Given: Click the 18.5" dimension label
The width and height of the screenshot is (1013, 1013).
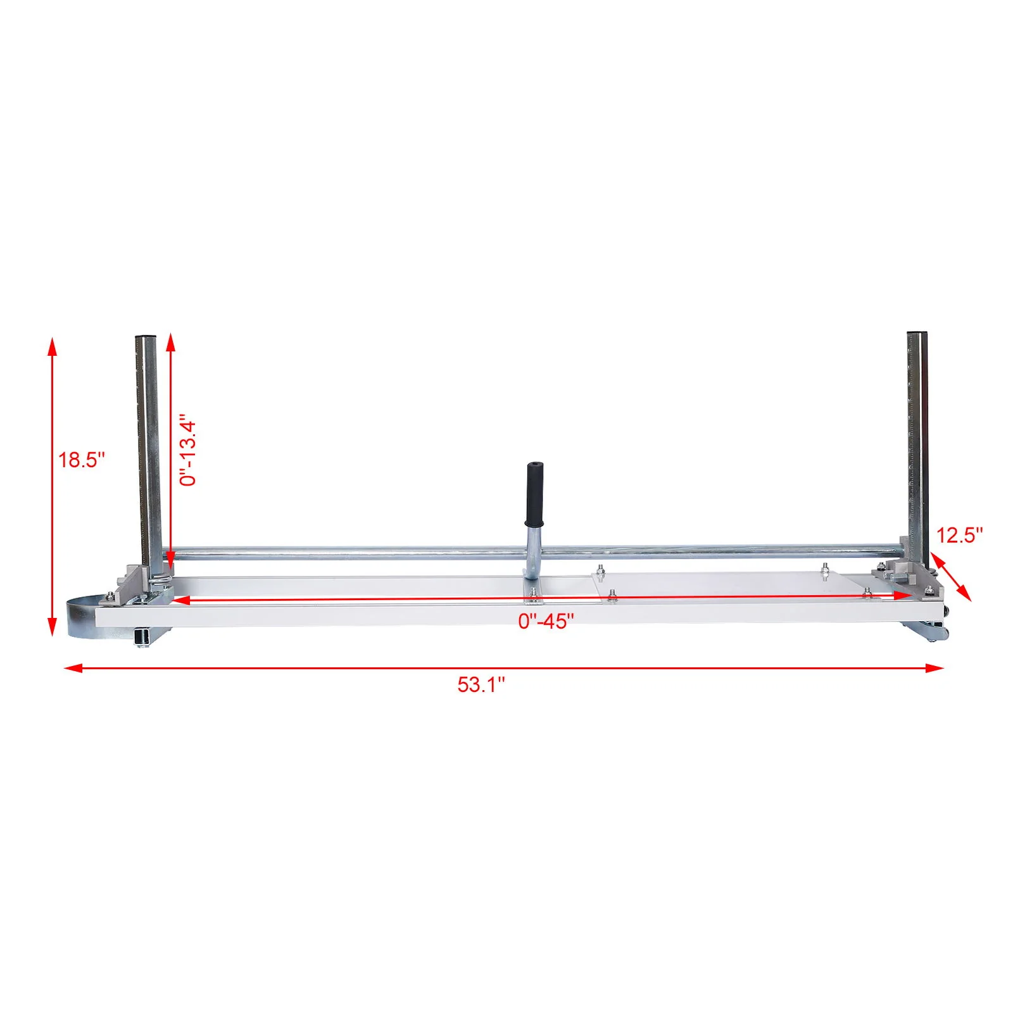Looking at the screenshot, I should (x=82, y=460).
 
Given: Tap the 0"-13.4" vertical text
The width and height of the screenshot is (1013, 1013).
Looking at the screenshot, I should (x=188, y=450).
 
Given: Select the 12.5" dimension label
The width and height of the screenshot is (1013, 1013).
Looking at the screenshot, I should (x=959, y=536).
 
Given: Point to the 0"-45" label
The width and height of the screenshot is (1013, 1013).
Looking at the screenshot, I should (x=546, y=622).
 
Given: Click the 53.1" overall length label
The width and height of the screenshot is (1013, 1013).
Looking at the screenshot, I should (x=481, y=685).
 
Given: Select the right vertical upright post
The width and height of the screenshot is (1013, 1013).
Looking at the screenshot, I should (x=917, y=443).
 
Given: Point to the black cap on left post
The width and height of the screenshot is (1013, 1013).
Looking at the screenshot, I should (x=146, y=337).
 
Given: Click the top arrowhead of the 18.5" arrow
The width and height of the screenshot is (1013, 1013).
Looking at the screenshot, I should (x=53, y=345).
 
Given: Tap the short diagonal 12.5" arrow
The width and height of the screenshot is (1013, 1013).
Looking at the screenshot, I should (x=951, y=576).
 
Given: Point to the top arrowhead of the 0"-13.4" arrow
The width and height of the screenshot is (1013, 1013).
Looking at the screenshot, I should (x=170, y=341).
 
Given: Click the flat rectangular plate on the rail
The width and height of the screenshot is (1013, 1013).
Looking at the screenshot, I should (x=722, y=585).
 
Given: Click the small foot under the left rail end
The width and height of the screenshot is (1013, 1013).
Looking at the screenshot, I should (x=142, y=638).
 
